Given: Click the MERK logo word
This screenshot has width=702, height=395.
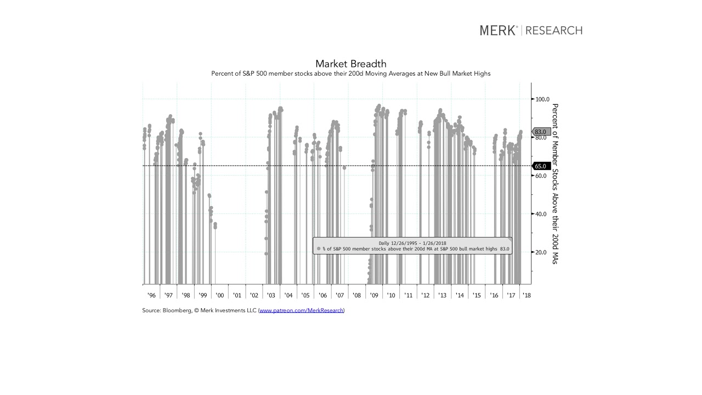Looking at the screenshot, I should [498, 31].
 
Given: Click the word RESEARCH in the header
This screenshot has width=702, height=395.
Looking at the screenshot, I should [554, 31].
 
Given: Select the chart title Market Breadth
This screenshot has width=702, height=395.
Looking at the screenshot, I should [351, 64].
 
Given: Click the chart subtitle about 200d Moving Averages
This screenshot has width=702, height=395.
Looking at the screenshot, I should [351, 74].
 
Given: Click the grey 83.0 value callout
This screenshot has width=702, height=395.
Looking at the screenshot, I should [541, 132].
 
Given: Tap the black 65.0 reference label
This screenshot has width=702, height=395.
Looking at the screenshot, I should [540, 166].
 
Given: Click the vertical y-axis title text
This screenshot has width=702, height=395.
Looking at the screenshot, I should [554, 184].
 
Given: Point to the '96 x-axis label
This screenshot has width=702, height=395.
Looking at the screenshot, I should [151, 295].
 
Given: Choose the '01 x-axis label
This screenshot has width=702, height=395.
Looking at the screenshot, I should [237, 295].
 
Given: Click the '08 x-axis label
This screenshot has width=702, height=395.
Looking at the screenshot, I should [356, 295].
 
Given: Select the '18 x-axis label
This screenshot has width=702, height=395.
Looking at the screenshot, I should [526, 295].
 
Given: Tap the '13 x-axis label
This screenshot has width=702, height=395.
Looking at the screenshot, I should [442, 295].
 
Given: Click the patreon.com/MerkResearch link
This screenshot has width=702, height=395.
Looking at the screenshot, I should [301, 311].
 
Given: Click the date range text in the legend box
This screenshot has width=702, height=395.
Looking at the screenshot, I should [412, 243].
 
